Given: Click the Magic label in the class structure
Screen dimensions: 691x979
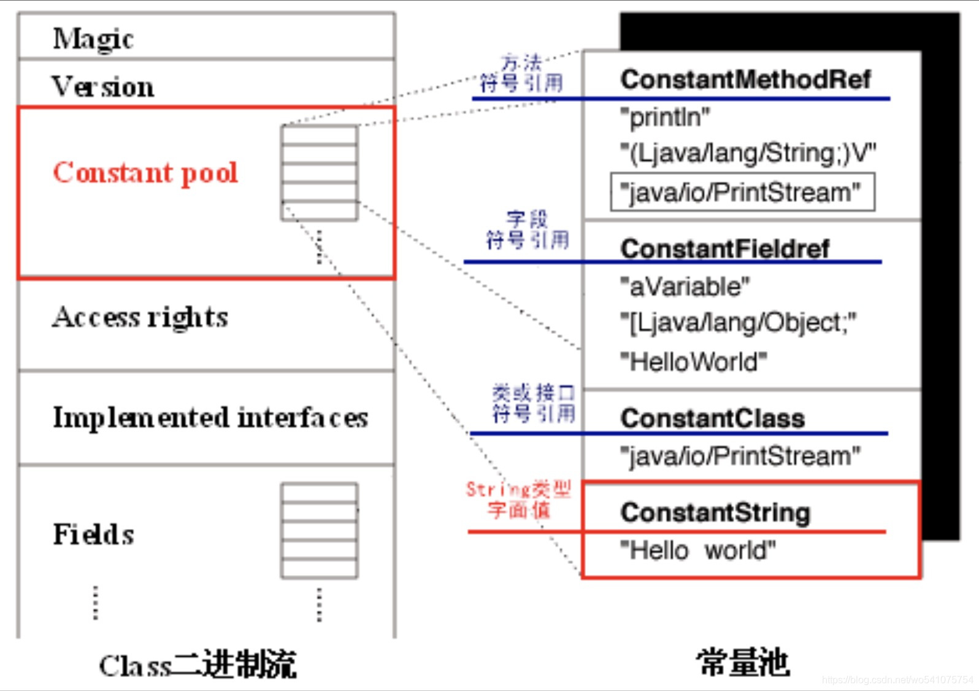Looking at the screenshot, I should [93, 39].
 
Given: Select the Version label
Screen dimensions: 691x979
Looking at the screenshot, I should [103, 86].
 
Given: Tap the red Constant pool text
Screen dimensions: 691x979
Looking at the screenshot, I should [145, 172].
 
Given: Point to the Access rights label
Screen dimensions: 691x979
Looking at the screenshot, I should [140, 317].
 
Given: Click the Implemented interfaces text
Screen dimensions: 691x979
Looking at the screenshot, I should [210, 418].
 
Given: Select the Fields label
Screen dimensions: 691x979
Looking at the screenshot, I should [93, 534].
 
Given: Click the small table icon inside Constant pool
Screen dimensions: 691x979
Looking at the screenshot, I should [319, 173].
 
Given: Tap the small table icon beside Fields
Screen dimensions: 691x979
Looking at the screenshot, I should [319, 531].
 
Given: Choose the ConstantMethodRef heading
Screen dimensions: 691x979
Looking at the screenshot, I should [745, 79].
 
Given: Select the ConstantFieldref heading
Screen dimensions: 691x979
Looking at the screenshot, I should [725, 249].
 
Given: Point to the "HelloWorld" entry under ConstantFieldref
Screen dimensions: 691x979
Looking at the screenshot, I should [694, 361].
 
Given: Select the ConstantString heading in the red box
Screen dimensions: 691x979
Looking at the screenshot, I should [715, 512].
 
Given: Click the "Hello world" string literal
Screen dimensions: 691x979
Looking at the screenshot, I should [698, 550].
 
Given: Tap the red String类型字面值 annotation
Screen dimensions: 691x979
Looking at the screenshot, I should [518, 499].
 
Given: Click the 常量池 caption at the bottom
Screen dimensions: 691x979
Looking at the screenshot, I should [743, 663].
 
